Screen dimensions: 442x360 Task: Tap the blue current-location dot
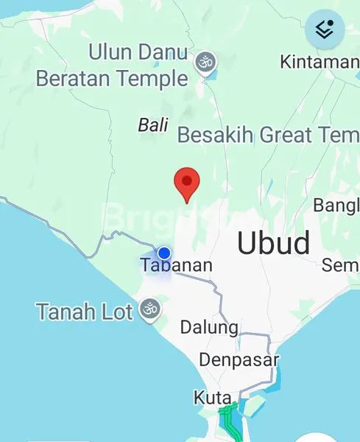(x=164, y=253)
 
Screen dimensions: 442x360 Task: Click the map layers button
(x=325, y=29)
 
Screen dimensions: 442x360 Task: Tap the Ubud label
(x=273, y=243)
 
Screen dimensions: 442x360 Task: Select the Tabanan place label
(x=176, y=265)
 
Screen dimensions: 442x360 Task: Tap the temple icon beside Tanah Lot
(x=149, y=310)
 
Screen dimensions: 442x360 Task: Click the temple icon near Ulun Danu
(x=205, y=63)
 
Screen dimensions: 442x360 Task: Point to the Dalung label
(x=209, y=327)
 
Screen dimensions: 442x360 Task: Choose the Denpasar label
(x=239, y=360)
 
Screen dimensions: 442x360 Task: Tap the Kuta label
(x=212, y=398)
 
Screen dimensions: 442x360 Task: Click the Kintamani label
(x=319, y=62)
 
